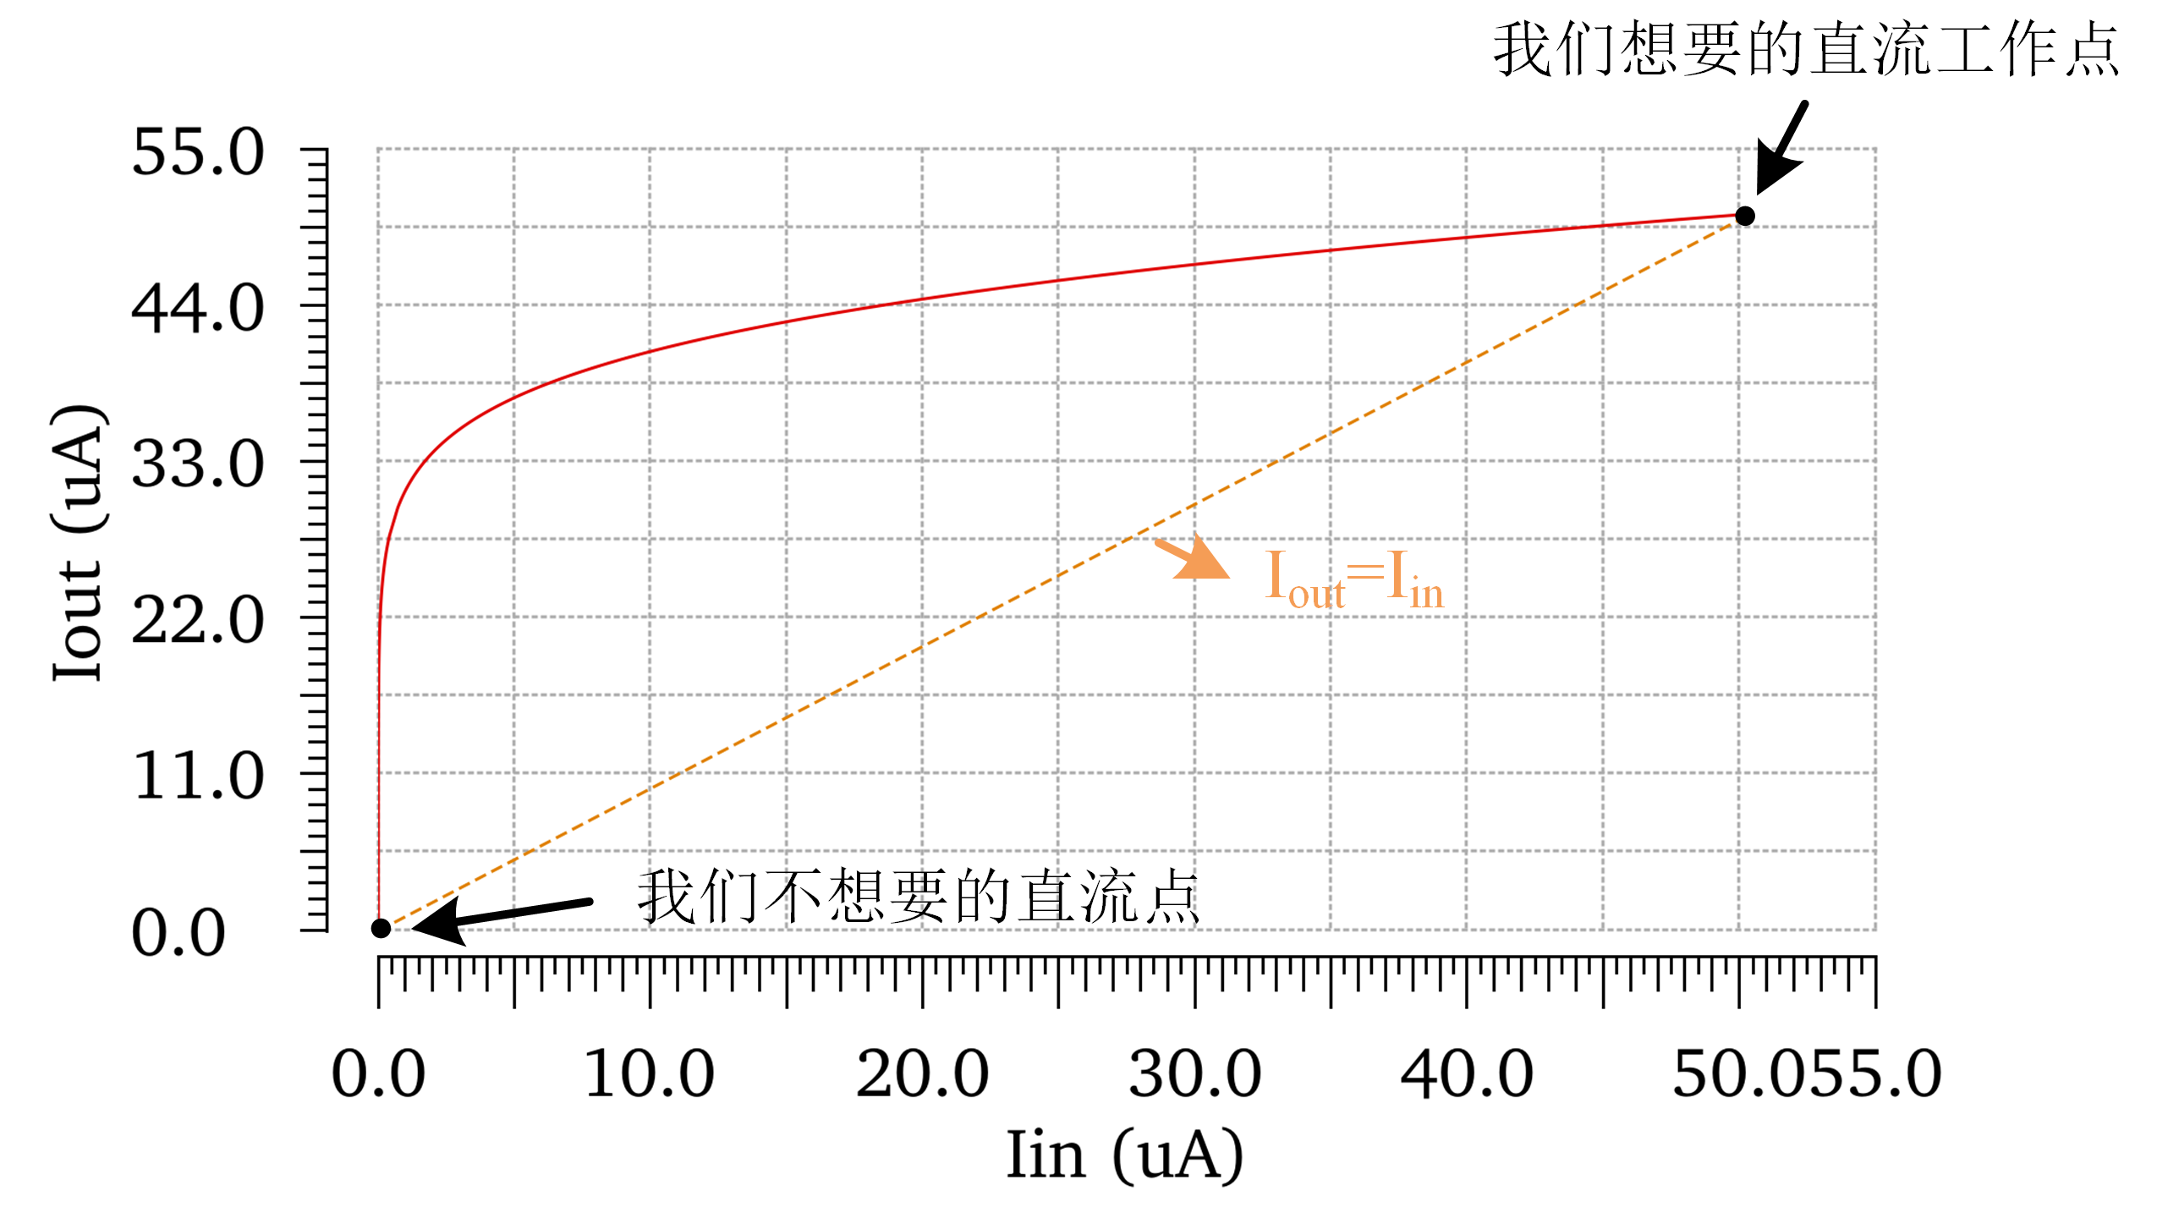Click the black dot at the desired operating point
click(1744, 216)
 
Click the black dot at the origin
click(381, 928)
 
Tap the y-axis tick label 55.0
click(198, 153)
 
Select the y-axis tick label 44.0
click(198, 309)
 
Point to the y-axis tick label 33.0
click(198, 465)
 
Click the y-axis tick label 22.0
click(198, 621)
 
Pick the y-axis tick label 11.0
click(198, 777)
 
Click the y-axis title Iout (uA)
click(79, 543)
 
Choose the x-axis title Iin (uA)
click(1124, 1155)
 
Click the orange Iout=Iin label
click(1353, 579)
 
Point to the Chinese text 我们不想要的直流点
click(919, 897)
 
